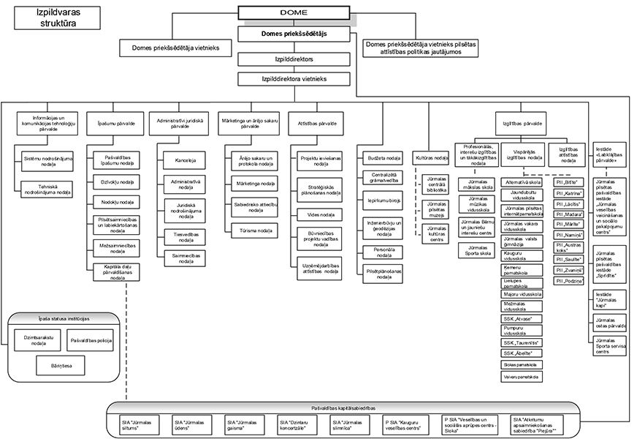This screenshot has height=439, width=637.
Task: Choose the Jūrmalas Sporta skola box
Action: (x=478, y=251)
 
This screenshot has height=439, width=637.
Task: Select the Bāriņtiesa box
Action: (x=62, y=363)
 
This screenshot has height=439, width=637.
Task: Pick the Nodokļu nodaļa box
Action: (x=112, y=201)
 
